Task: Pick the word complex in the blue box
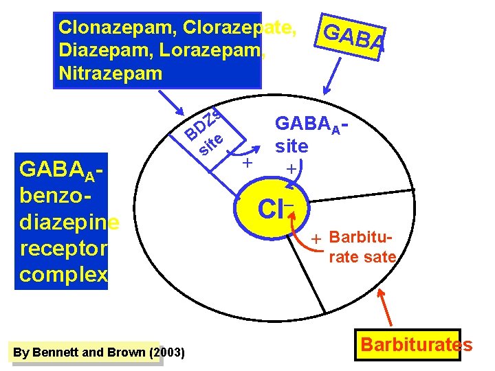click(x=63, y=273)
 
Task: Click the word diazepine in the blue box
click(x=69, y=223)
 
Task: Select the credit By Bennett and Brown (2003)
click(x=98, y=352)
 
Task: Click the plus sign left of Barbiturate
click(x=316, y=240)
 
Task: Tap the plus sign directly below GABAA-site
click(x=291, y=168)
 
